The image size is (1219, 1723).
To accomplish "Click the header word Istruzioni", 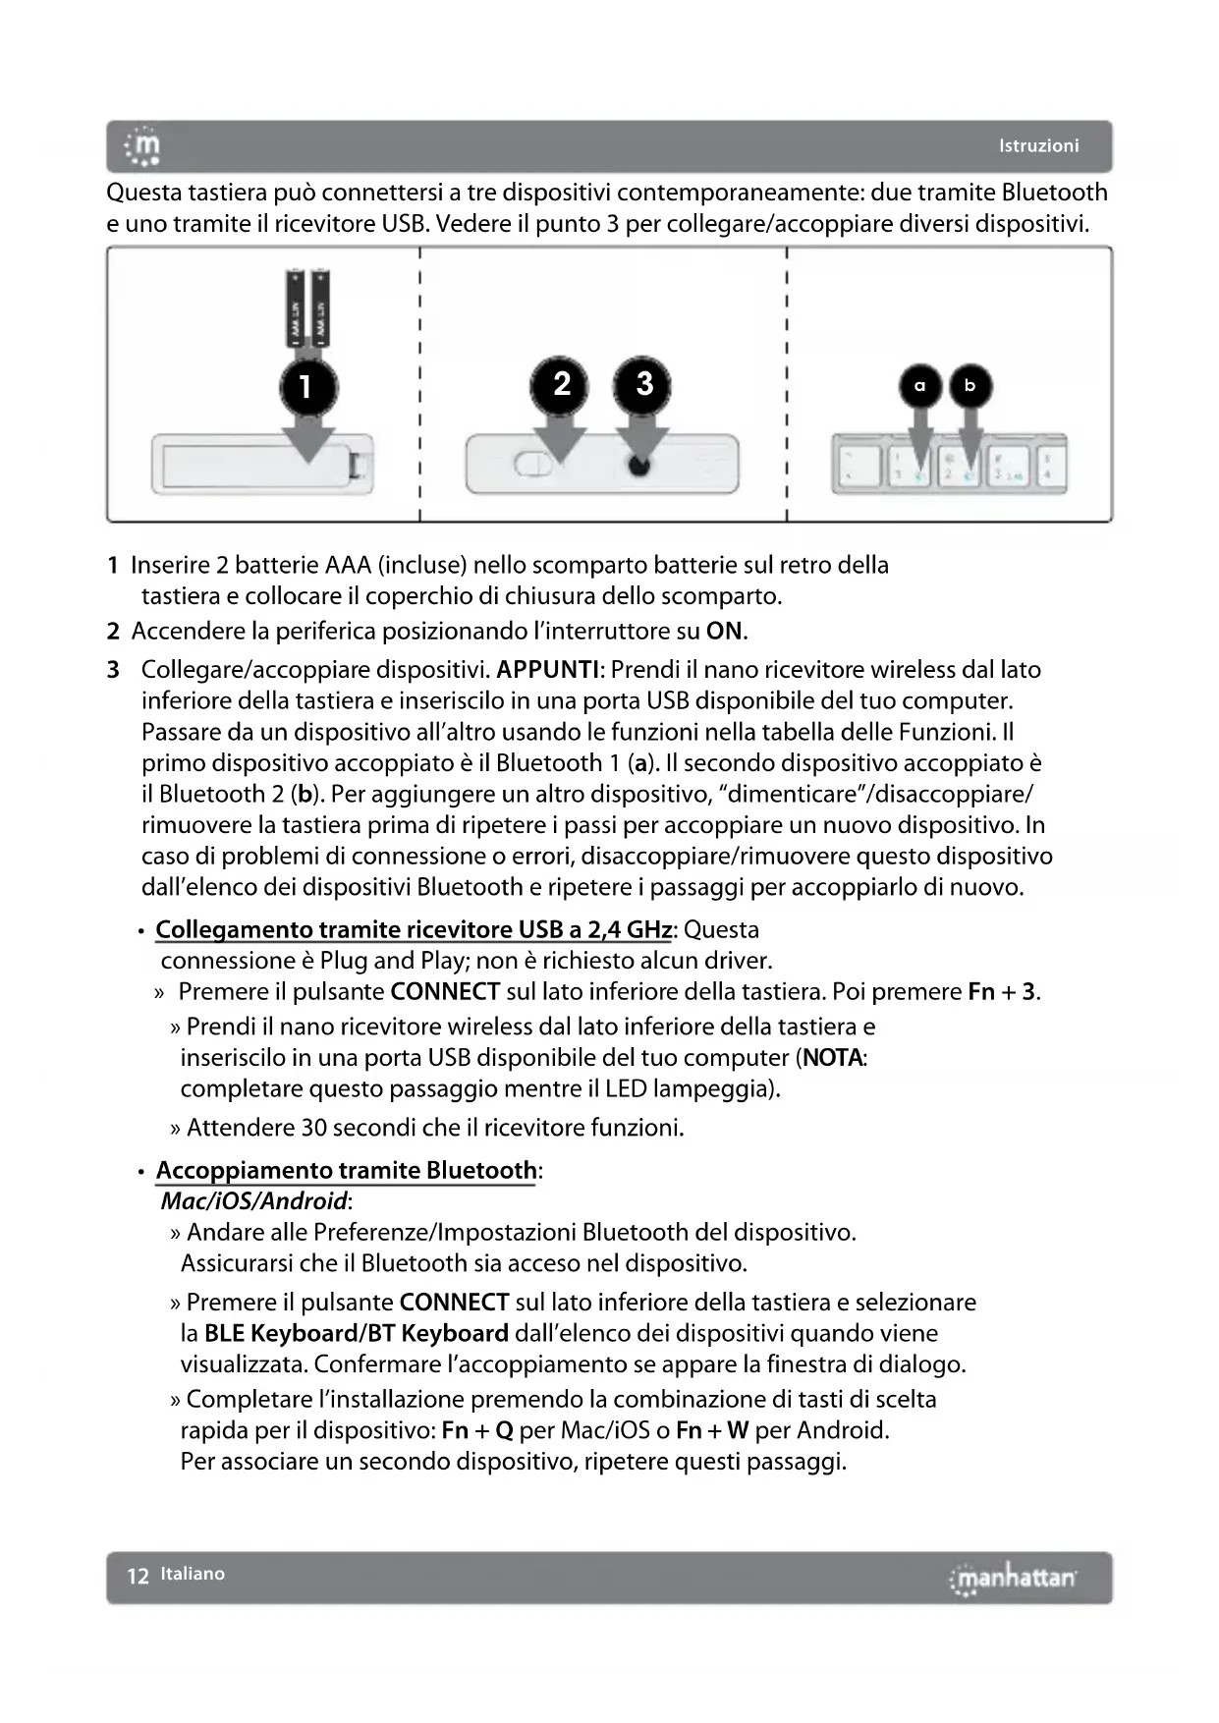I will click(1038, 145).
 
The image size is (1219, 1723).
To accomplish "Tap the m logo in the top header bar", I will click(143, 146).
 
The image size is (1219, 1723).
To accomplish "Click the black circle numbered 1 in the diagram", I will click(307, 386).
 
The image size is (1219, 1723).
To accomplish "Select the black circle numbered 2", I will click(561, 383).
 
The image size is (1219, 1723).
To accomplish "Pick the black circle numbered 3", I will click(643, 383).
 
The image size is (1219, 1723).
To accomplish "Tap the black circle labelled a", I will click(919, 386).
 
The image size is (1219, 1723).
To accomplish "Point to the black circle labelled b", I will click(970, 386).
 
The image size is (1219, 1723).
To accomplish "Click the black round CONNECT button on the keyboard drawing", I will click(638, 466).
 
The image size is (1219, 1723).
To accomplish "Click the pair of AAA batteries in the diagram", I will click(308, 307).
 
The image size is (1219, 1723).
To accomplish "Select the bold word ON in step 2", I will click(725, 631).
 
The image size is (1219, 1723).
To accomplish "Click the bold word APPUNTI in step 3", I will click(548, 670).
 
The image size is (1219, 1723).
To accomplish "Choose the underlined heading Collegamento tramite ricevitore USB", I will click(414, 929).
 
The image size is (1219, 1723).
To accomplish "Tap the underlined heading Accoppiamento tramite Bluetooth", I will click(346, 1170).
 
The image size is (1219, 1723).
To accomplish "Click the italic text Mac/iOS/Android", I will click(253, 1200).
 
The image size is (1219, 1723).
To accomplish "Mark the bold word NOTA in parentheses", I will click(832, 1058).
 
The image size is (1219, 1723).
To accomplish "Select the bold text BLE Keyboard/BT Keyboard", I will click(357, 1333).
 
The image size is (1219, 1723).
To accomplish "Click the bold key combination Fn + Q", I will click(477, 1430).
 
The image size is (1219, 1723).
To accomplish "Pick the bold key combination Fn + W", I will click(712, 1430).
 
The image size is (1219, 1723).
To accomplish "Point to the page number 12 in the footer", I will click(138, 1576).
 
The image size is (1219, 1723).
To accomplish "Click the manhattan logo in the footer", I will click(1013, 1578).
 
